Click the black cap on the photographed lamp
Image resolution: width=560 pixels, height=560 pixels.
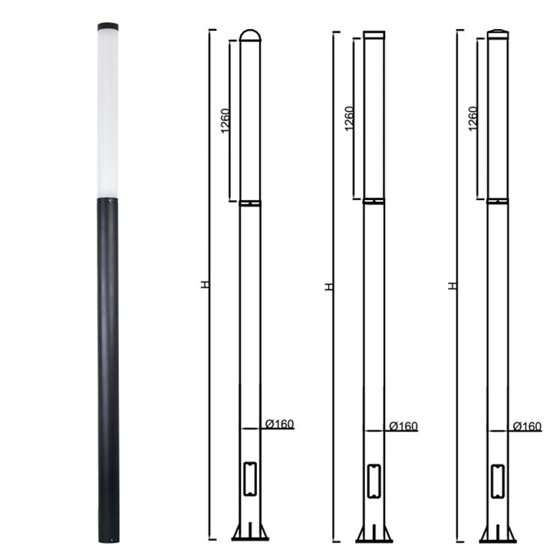click(108, 26)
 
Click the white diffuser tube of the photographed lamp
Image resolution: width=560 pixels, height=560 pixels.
click(108, 114)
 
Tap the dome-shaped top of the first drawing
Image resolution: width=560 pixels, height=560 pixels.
click(250, 35)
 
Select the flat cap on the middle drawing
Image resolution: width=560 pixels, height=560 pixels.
click(374, 35)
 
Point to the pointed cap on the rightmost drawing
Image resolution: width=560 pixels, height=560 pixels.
click(498, 34)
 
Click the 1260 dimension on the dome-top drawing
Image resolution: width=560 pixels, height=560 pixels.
click(226, 120)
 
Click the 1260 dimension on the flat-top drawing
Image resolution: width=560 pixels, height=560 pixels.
click(349, 119)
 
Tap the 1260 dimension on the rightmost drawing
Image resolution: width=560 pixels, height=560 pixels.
click(473, 119)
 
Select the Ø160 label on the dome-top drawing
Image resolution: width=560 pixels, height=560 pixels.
click(280, 424)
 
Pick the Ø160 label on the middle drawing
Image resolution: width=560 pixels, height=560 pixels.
click(404, 426)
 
